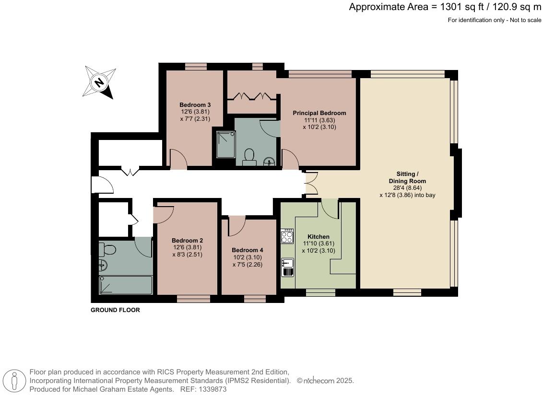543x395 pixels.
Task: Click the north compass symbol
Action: (99, 82)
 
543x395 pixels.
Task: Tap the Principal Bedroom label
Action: (319, 113)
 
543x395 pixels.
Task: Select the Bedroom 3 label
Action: (195, 105)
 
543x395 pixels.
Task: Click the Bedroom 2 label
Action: (187, 241)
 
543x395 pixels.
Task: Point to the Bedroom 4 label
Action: (247, 250)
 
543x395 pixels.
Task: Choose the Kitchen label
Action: (318, 237)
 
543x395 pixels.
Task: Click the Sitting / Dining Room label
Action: (407, 177)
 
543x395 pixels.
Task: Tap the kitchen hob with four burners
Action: (287, 236)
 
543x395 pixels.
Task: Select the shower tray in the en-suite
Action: (225, 144)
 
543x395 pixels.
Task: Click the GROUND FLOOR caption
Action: (115, 310)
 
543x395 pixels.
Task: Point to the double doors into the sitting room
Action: (310, 184)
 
